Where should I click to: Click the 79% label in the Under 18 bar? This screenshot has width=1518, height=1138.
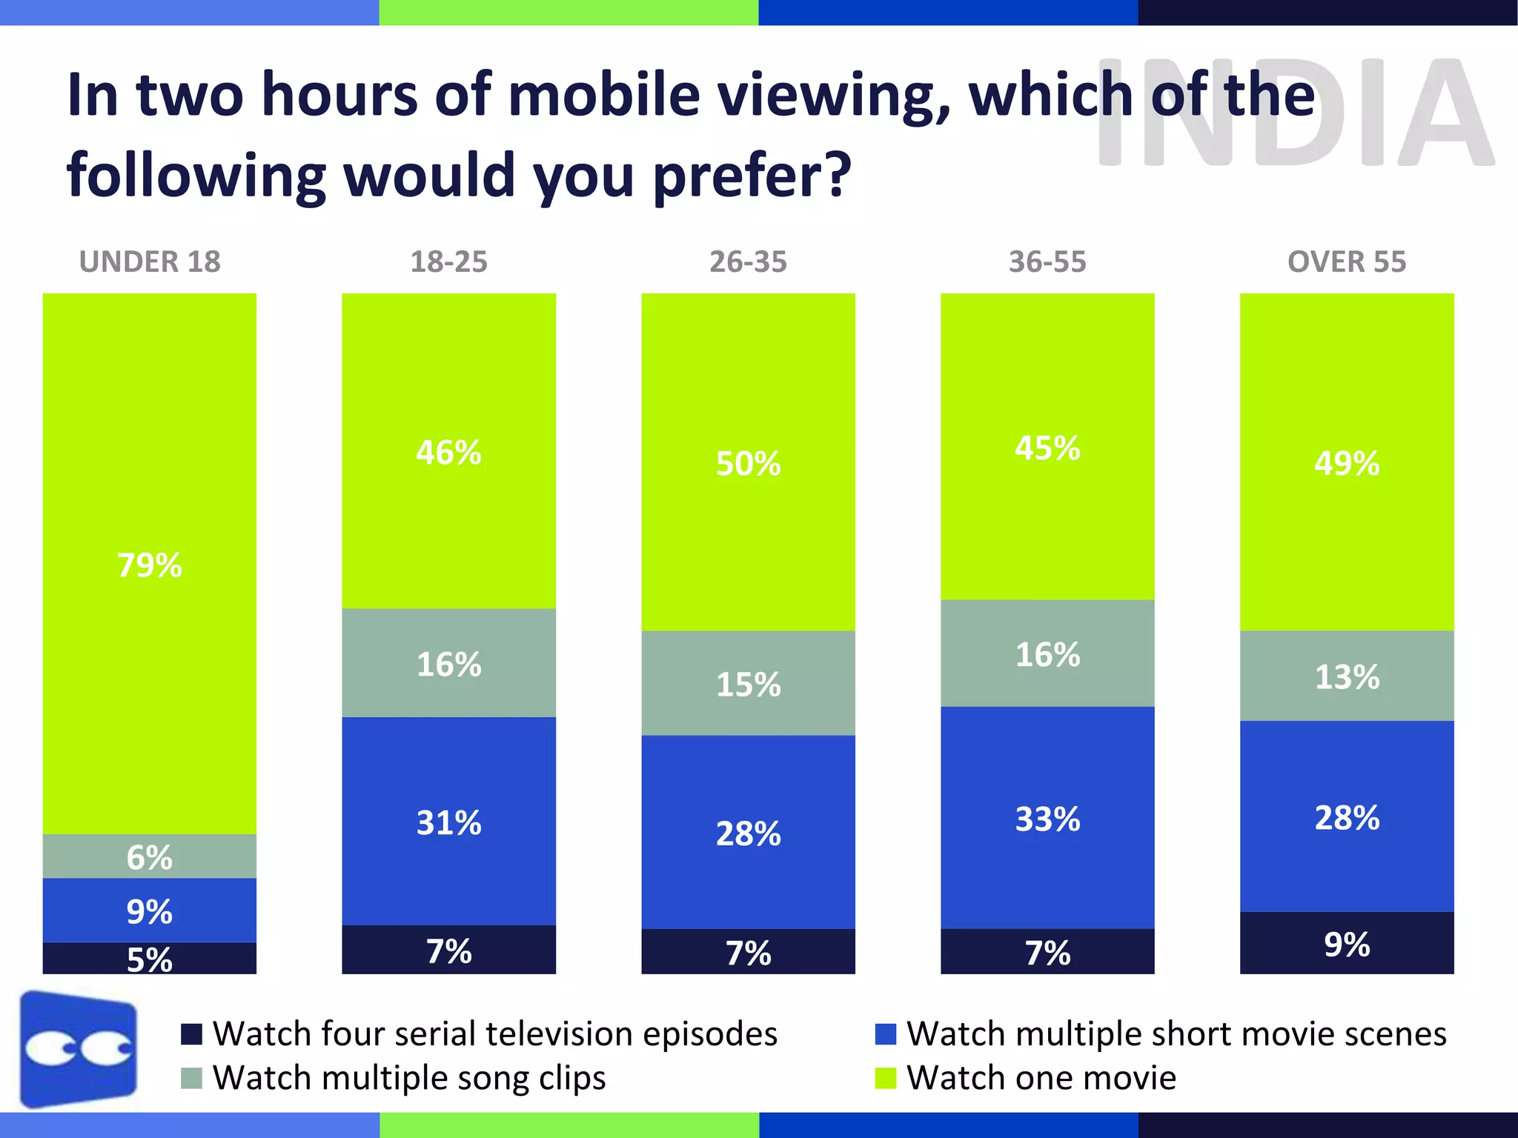pos(150,565)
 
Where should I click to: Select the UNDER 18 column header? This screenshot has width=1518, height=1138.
pos(150,262)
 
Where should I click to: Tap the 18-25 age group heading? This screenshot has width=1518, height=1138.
pos(448,262)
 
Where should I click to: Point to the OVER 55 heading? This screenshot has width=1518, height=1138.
pos(1346,262)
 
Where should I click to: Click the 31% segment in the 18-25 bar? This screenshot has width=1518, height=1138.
pos(448,822)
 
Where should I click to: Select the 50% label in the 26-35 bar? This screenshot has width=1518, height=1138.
pos(748,464)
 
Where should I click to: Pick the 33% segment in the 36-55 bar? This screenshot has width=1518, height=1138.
pos(1047,819)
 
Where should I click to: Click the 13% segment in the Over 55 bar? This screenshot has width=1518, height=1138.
pos(1347,676)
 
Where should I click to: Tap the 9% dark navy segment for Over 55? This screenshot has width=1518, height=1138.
pos(1347,944)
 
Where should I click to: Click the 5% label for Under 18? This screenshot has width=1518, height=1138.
pos(150,959)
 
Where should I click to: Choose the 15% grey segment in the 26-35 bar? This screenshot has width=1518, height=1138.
pos(748,684)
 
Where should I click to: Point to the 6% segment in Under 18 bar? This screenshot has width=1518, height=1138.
pos(150,857)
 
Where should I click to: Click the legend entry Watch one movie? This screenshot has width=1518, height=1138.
pos(1041,1077)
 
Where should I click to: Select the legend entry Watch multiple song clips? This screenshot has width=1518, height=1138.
pos(408,1077)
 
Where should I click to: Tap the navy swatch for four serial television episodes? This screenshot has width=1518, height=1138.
pos(192,1034)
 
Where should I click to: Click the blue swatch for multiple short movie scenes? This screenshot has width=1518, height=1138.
pos(886,1034)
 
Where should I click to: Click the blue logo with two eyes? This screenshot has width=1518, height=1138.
pos(79,1049)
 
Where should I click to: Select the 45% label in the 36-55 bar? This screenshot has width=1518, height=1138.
pos(1047,447)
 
